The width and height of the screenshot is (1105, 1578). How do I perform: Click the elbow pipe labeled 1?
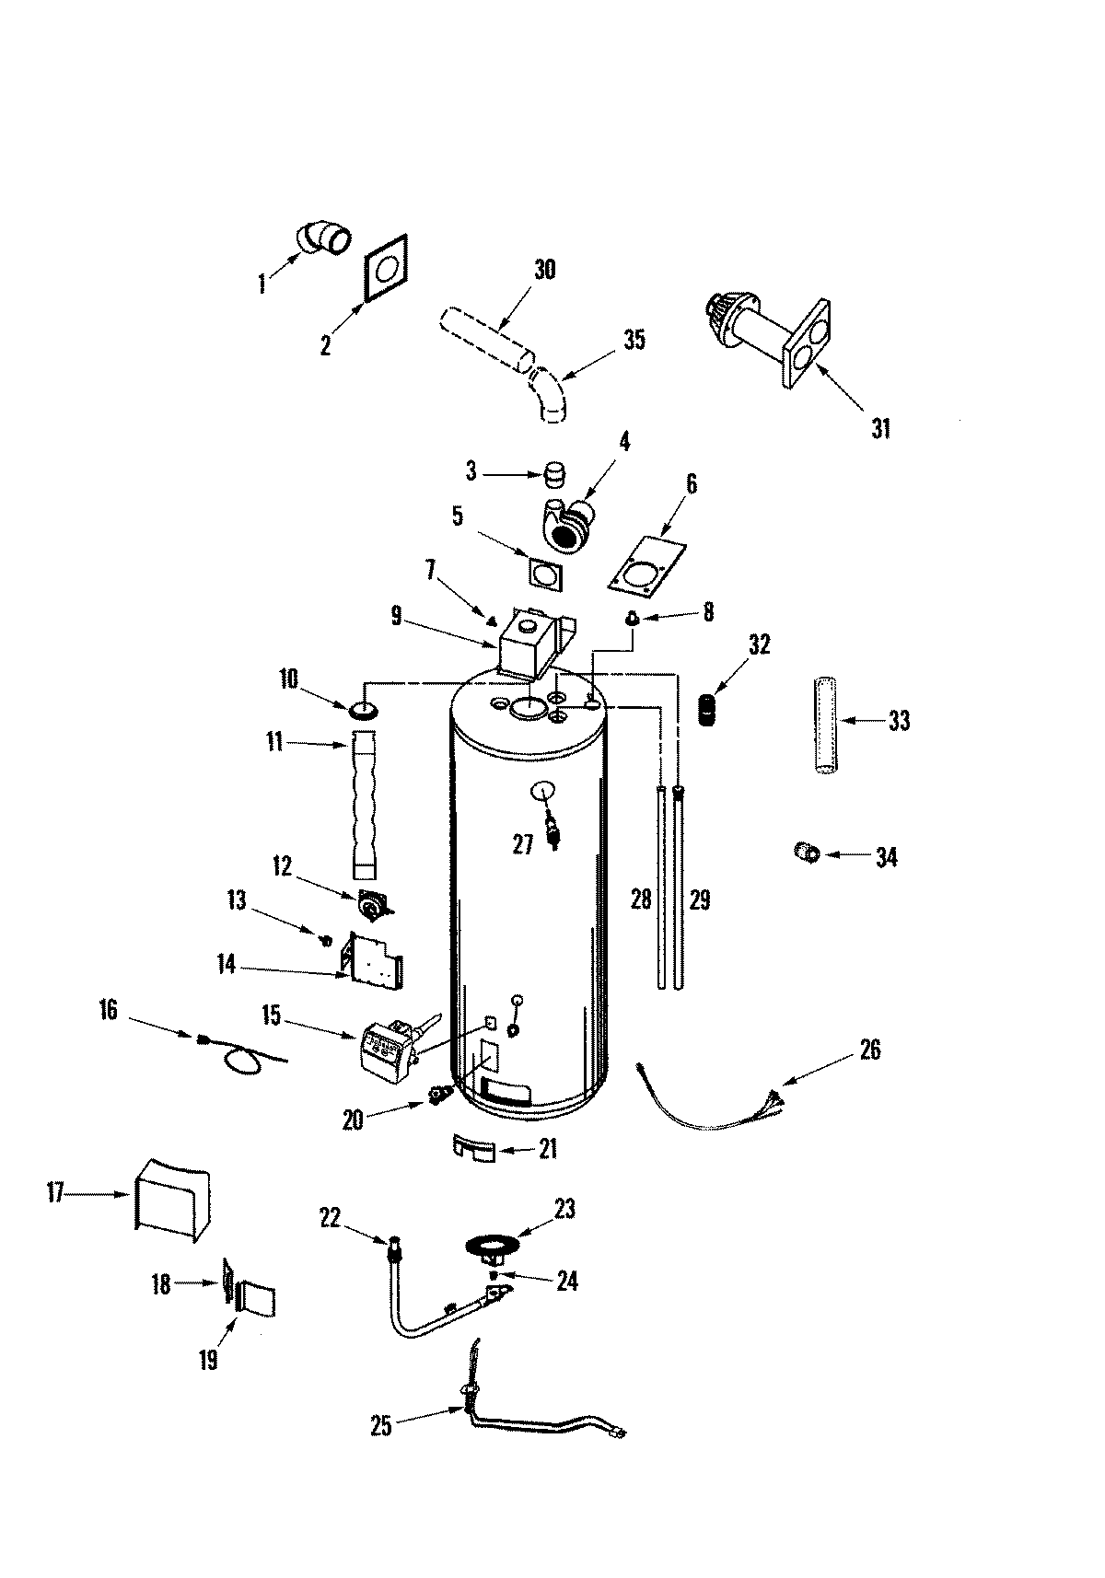pos(323,238)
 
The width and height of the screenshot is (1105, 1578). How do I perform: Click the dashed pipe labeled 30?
pos(483,339)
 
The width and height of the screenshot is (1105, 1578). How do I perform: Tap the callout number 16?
pos(108,1010)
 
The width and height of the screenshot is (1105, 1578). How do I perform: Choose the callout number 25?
pos(381,1426)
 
